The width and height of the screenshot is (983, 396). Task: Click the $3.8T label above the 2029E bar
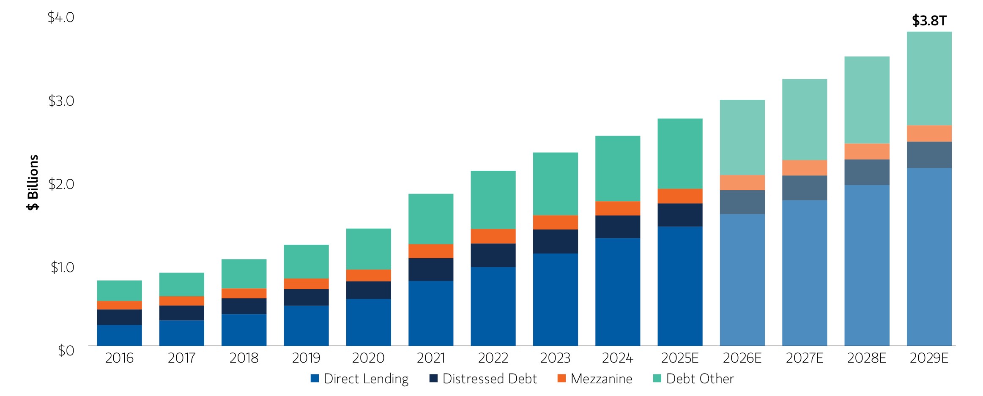coord(929,21)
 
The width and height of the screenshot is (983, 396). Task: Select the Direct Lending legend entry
coord(359,379)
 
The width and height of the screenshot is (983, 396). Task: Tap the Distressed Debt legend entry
coord(483,379)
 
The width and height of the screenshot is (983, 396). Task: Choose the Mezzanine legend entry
coord(595,379)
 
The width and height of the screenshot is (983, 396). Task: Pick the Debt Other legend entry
coord(693,379)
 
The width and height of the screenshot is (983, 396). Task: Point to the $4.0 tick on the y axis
coord(61,18)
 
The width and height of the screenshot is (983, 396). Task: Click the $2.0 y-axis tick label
coord(61,184)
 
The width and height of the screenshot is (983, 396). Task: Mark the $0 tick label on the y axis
coord(66,350)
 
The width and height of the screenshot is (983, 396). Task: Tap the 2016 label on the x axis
coord(119,358)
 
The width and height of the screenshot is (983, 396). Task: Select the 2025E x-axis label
coord(680,358)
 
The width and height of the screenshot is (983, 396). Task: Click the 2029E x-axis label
coord(929,358)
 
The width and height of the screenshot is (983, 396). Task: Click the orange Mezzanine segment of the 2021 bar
coord(431,251)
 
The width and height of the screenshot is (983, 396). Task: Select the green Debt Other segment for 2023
coord(555,184)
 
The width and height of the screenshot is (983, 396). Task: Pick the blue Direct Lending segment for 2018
coord(244,330)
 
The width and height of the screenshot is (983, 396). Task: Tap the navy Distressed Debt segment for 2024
coord(618,227)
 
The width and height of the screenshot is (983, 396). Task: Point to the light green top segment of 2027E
coord(805,119)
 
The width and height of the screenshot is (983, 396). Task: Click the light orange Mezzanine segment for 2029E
coord(929,134)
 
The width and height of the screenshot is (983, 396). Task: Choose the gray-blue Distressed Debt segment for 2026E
coord(742,202)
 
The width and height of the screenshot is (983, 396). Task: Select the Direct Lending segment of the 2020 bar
coord(368,322)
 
